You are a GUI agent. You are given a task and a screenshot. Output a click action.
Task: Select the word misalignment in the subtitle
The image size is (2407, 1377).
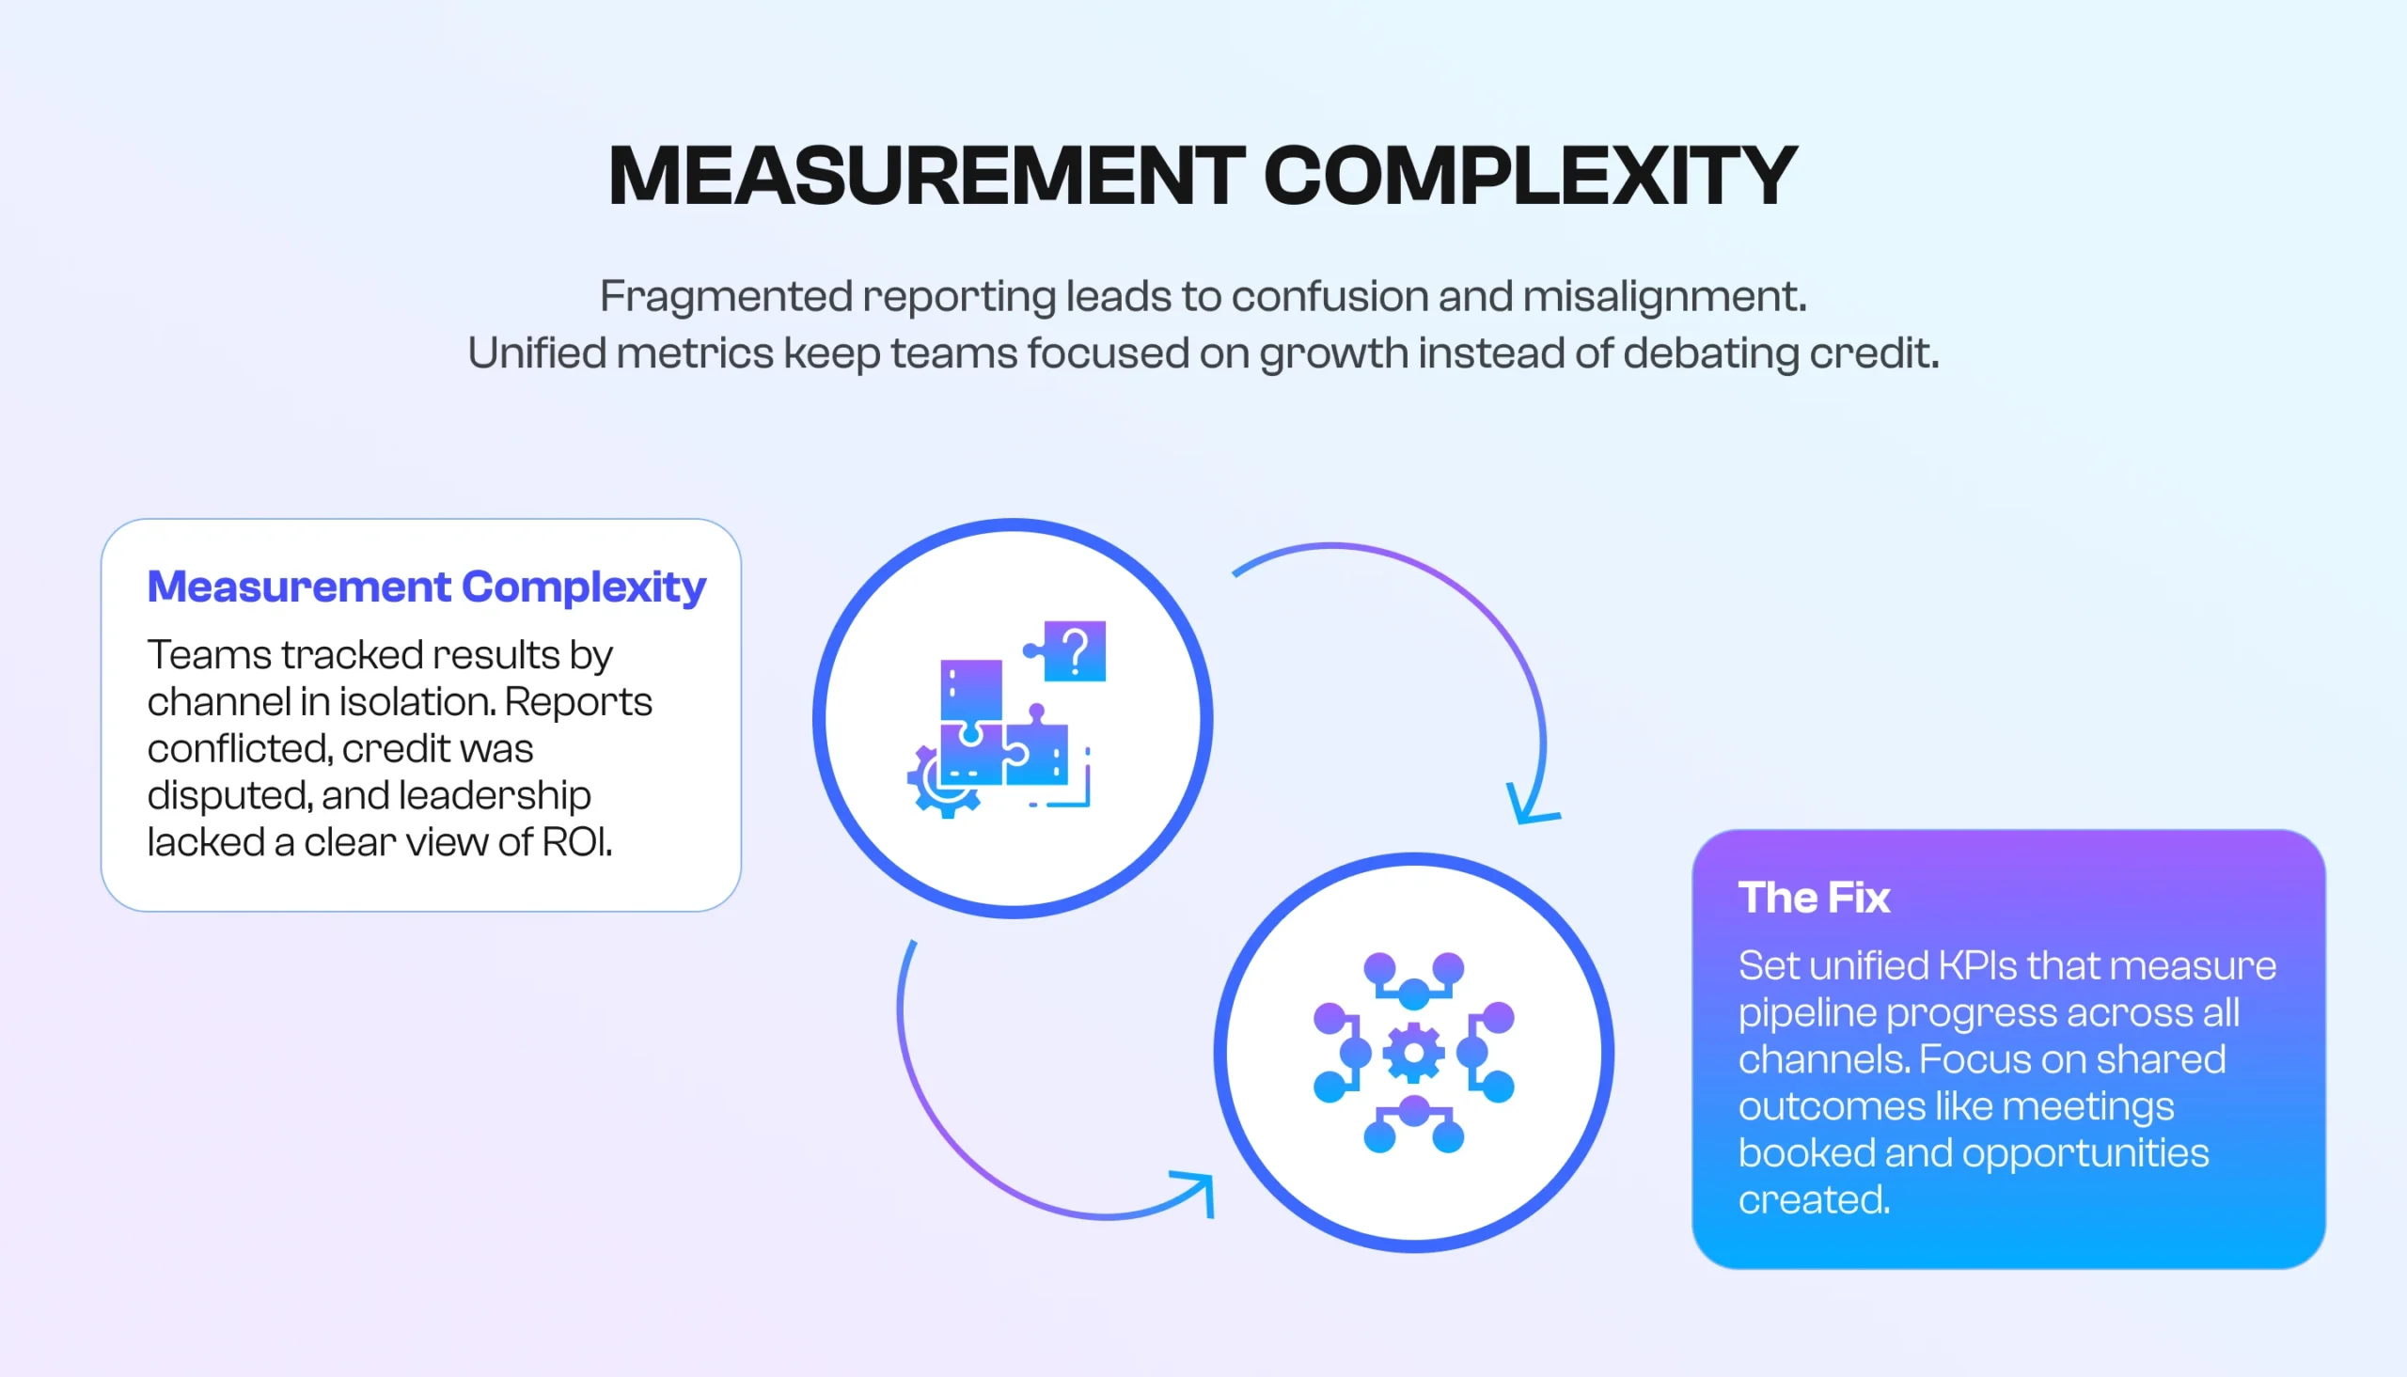(1662, 297)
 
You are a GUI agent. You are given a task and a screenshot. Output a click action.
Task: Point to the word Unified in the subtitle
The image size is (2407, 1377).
(536, 353)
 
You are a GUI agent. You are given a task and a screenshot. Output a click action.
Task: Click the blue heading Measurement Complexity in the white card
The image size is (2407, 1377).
(427, 587)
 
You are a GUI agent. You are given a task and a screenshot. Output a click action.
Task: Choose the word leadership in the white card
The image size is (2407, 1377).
(495, 795)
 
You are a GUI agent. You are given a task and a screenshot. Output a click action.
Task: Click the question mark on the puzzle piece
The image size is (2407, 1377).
(1076, 650)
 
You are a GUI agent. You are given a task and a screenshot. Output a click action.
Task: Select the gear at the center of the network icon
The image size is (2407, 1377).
(1414, 1053)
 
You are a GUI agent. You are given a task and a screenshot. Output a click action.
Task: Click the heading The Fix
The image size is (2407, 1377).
(1813, 898)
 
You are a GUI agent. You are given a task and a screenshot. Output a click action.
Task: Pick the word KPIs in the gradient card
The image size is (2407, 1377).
(1977, 965)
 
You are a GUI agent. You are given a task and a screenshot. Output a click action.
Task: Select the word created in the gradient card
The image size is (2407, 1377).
(1813, 1199)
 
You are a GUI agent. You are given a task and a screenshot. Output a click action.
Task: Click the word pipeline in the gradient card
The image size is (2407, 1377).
(1806, 1013)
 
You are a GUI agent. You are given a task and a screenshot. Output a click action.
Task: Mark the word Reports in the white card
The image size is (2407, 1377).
(578, 702)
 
